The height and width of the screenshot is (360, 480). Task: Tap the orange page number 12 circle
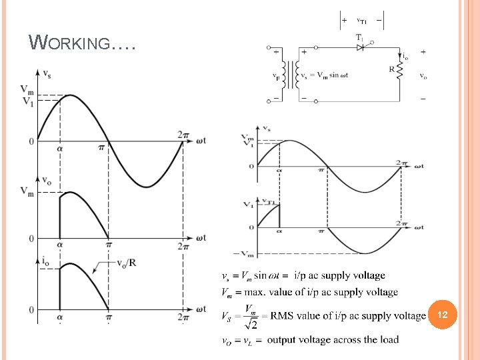(442, 313)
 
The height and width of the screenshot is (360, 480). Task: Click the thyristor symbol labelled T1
(359, 48)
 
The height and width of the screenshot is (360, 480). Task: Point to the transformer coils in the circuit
(289, 75)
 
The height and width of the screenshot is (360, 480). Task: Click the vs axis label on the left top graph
(47, 73)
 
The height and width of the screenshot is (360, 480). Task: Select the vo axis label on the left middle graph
(47, 179)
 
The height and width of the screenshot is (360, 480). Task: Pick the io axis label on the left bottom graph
(46, 262)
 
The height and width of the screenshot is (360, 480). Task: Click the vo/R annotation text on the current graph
(125, 261)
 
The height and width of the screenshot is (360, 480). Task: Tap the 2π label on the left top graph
(184, 135)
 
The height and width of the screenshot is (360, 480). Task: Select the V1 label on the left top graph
(27, 101)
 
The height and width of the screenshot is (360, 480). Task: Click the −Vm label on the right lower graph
(244, 254)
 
